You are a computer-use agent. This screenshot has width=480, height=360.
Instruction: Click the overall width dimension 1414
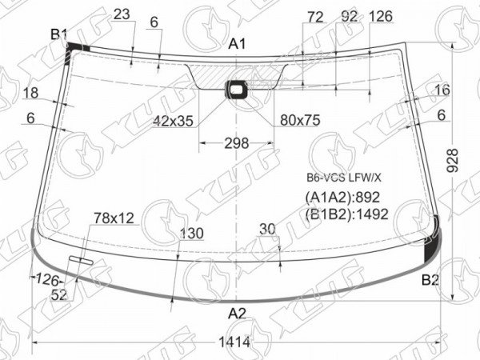coord(234,342)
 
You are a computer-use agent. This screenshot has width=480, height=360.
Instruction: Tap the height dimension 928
coord(453,161)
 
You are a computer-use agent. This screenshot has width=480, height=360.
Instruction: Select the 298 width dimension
coord(236,143)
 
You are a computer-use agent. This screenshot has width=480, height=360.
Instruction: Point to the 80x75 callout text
coord(300,120)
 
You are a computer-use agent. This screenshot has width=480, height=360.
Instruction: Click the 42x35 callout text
coord(173,122)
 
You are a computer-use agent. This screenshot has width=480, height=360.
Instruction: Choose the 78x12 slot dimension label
coord(114,218)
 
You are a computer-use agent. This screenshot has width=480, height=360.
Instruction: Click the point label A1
coord(237,44)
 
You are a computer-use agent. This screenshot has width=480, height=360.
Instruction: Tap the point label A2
coord(237,314)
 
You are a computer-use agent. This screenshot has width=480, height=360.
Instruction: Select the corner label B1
coord(58,34)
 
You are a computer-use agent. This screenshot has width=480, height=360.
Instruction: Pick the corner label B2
coord(430,279)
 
